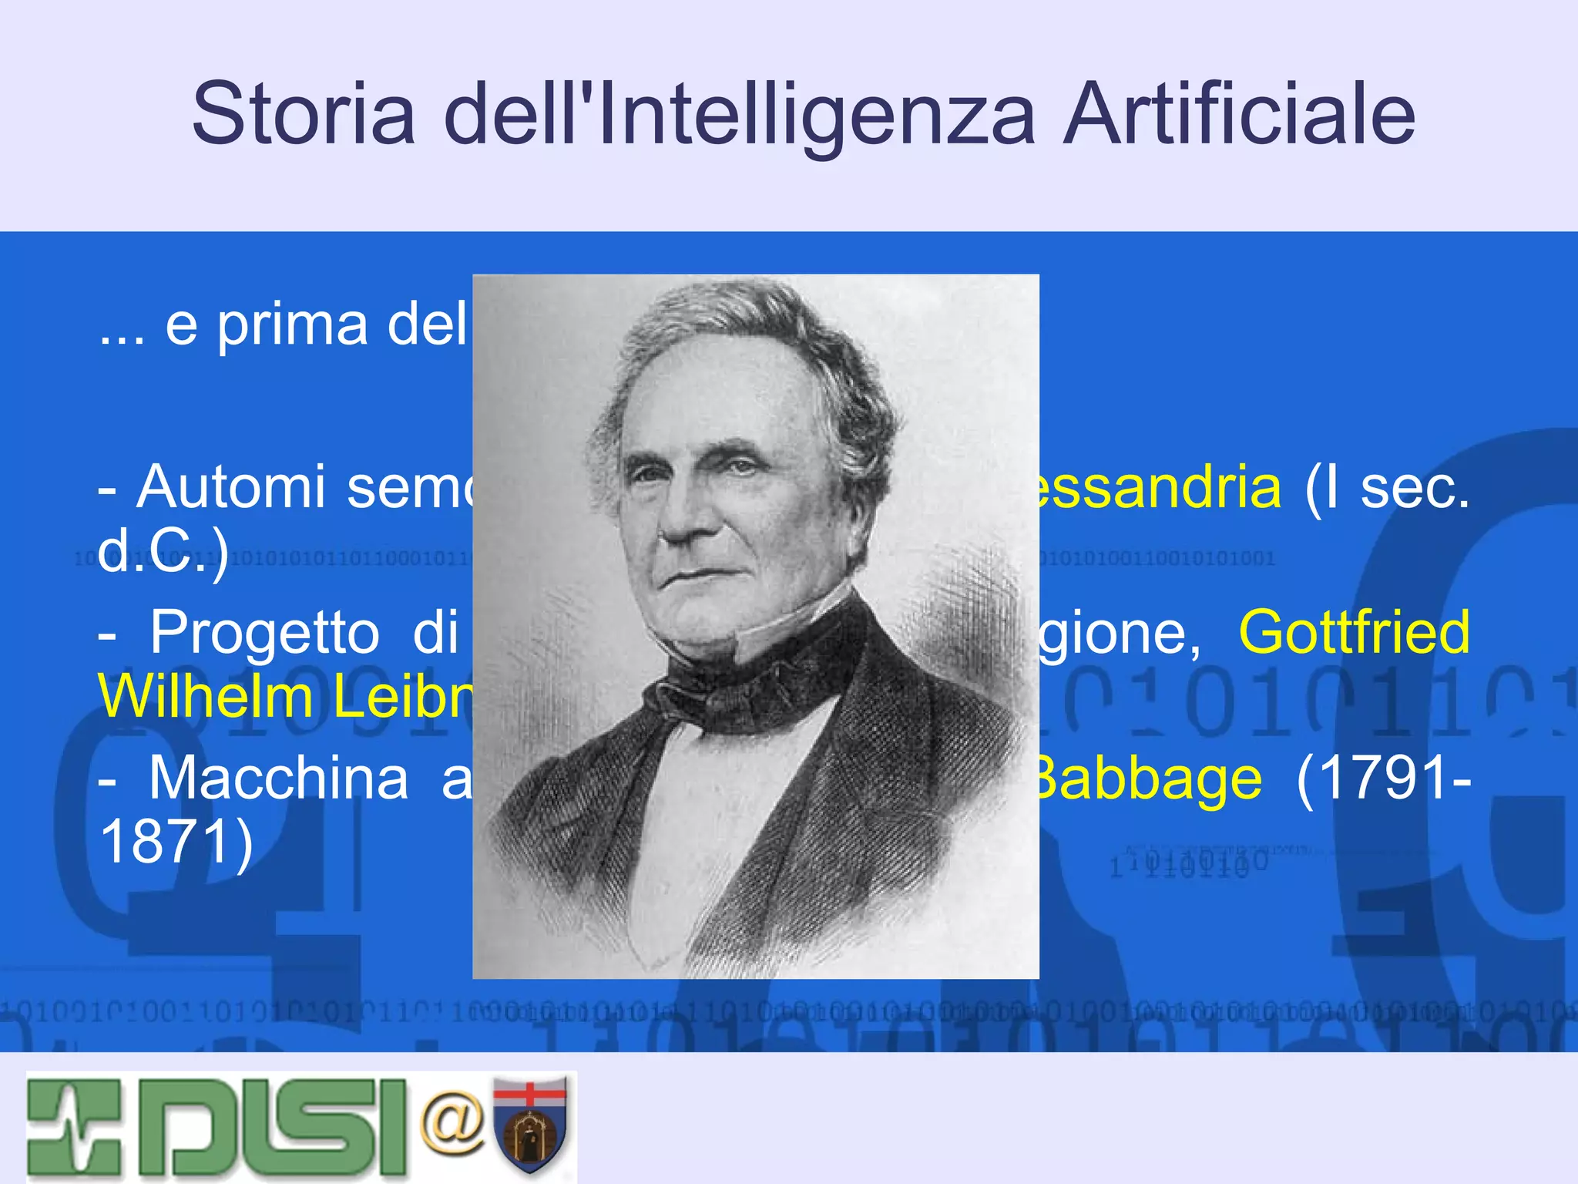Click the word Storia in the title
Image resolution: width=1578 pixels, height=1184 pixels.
click(x=304, y=114)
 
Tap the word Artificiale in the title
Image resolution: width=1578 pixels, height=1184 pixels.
click(x=1238, y=114)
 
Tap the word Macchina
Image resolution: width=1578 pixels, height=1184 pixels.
click(x=278, y=778)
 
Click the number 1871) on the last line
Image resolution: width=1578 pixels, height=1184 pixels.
click(x=176, y=842)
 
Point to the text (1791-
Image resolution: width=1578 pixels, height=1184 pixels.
click(x=1383, y=778)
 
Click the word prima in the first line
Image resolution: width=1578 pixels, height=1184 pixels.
click(x=292, y=325)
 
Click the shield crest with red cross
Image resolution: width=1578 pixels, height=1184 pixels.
click(x=530, y=1125)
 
